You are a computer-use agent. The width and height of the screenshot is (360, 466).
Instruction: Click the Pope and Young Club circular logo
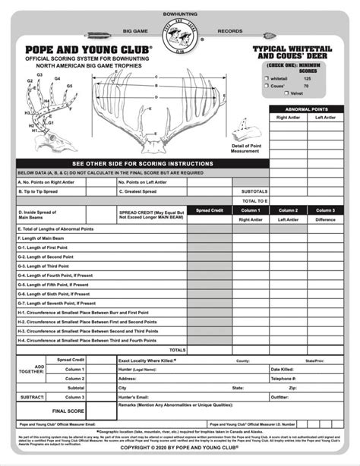(181, 39)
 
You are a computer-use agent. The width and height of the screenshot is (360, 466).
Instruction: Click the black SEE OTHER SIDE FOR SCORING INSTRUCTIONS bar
(141, 164)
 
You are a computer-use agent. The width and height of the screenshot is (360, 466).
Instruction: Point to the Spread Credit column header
(209, 210)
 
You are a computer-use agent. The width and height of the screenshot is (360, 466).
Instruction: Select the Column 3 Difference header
(326, 214)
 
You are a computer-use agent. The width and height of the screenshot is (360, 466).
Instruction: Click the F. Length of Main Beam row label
(46, 238)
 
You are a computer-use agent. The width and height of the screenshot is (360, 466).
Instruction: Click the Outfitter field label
(281, 396)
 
